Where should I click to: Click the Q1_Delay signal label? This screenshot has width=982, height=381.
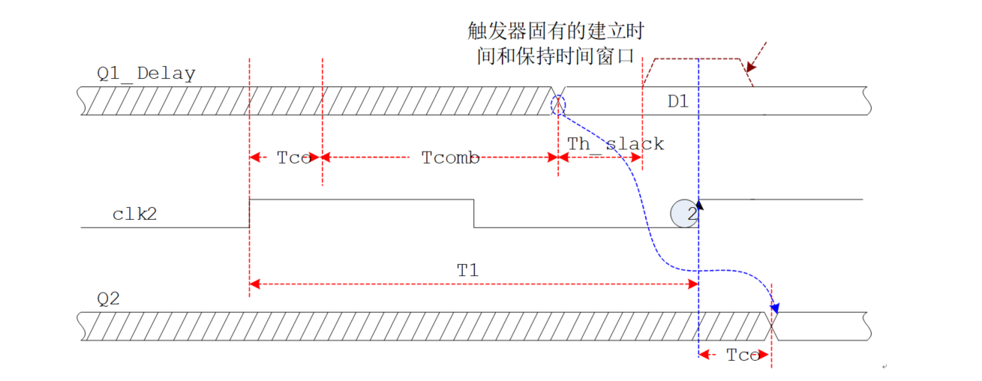[x=146, y=73]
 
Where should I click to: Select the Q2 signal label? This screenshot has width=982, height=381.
[x=109, y=298]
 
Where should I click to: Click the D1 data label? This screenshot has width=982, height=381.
[x=678, y=101]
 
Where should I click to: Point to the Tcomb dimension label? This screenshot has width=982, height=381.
[x=450, y=157]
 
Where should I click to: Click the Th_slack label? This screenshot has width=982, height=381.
[x=615, y=143]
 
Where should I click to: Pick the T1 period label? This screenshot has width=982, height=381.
[x=467, y=270]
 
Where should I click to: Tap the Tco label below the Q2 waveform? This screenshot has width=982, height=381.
[x=743, y=355]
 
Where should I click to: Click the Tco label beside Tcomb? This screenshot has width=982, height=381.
[x=293, y=157]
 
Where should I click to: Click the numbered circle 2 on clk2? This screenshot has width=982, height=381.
[x=684, y=213]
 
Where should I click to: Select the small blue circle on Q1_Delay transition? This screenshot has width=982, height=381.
[x=557, y=103]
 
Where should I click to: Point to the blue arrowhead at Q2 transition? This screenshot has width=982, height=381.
[x=775, y=307]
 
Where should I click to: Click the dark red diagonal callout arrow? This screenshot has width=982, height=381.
[x=757, y=55]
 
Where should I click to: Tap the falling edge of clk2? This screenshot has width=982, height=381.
[x=473, y=213]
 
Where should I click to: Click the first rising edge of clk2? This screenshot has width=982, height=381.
[x=249, y=213]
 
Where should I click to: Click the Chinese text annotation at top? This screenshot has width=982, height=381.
[x=555, y=43]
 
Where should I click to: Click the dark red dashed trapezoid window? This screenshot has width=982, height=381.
[x=697, y=59]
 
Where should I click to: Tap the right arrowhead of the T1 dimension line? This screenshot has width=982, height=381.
[x=694, y=284]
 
